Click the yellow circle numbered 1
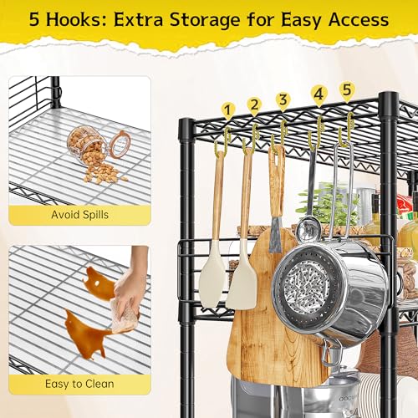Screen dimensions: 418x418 click(227, 110)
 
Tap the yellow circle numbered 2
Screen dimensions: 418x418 click(254, 105)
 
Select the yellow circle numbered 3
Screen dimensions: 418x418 click(283, 100)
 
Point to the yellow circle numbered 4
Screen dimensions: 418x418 click(318, 94)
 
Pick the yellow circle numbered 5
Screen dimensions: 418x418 click(346, 89)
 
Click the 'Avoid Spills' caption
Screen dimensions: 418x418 click(80, 215)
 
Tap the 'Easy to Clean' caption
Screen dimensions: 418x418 click(80, 384)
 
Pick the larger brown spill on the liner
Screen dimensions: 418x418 click(87, 333)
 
